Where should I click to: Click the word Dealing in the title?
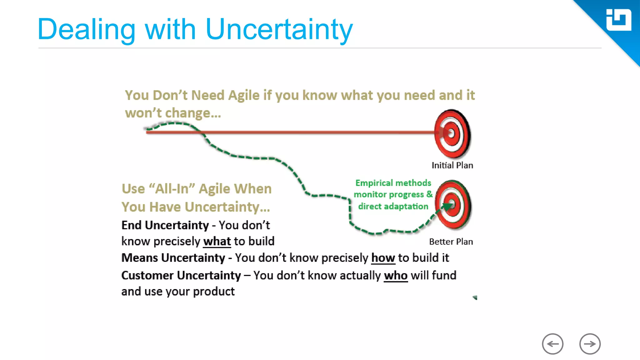(x=86, y=30)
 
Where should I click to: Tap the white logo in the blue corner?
(x=618, y=20)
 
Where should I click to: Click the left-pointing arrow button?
(x=552, y=344)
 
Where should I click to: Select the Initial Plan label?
(x=452, y=165)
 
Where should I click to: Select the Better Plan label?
(x=451, y=242)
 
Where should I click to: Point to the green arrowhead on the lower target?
(x=447, y=206)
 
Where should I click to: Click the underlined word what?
(x=217, y=242)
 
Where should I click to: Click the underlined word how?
(x=383, y=258)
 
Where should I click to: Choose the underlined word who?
(x=396, y=276)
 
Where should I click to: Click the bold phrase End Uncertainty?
(x=165, y=225)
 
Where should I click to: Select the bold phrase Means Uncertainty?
(x=173, y=258)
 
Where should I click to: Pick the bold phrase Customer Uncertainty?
(x=181, y=276)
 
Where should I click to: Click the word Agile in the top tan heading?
(x=244, y=95)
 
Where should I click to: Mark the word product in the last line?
(x=214, y=292)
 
